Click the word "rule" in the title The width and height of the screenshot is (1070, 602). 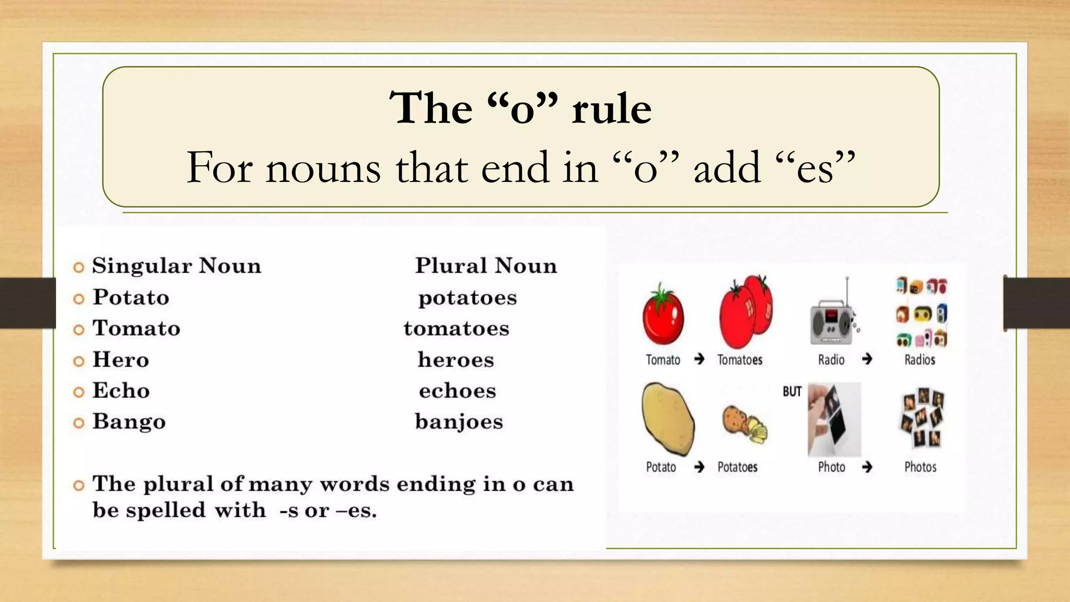[611, 109]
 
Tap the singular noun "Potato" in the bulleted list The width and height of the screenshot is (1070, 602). [131, 297]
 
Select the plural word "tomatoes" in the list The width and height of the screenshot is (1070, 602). [456, 329]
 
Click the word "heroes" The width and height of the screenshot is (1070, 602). [456, 360]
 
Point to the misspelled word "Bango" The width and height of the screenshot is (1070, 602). [129, 422]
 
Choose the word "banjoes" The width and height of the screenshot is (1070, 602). [459, 422]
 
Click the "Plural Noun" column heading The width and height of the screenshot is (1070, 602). [486, 266]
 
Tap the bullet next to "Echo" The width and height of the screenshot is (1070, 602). [79, 392]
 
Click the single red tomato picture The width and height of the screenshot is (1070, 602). [662, 315]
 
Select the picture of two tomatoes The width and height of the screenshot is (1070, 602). [746, 311]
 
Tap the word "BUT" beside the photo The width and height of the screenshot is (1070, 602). [792, 392]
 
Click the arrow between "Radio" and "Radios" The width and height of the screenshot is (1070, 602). [867, 359]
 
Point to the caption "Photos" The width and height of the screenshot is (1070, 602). [920, 467]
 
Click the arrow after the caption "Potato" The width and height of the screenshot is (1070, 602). [699, 467]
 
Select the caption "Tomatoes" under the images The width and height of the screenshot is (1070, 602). [739, 360]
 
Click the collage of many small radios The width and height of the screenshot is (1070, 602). [922, 312]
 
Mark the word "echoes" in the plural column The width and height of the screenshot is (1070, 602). [457, 391]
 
